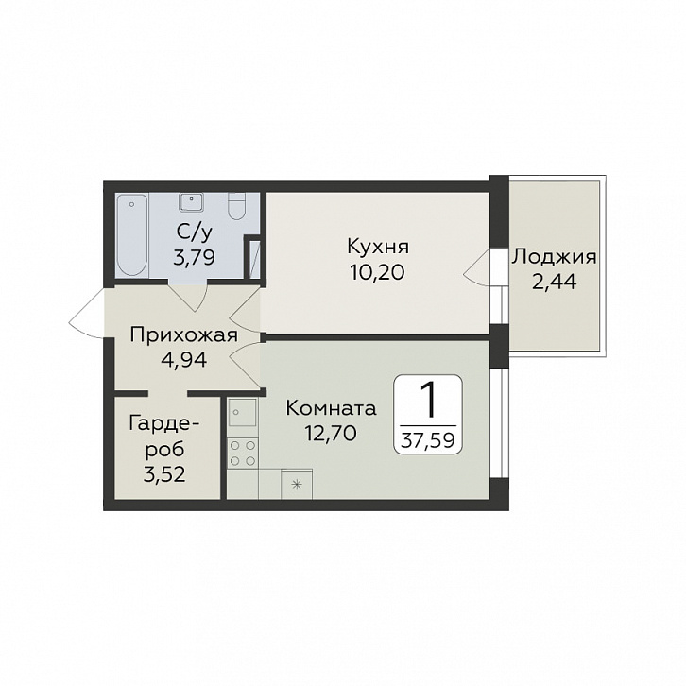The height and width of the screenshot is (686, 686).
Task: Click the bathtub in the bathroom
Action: [132, 235]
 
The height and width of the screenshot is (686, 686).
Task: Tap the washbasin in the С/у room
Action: [192, 201]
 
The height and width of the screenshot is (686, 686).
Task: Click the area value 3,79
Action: [194, 258]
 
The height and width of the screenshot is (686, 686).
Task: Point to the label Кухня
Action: [378, 247]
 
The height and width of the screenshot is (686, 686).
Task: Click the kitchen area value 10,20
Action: [378, 273]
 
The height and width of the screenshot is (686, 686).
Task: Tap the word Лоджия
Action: [554, 257]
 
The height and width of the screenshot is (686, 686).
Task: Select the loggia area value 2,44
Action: [554, 283]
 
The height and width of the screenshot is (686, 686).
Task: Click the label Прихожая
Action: [183, 336]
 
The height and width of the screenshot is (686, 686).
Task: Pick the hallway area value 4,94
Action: [183, 361]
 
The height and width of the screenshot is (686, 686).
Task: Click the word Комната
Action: [331, 408]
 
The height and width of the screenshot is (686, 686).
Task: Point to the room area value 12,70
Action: [331, 434]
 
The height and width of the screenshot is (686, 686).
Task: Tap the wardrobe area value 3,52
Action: [164, 473]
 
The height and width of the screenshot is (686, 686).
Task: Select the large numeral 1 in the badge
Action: [429, 400]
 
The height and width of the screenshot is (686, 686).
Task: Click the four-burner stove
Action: [243, 454]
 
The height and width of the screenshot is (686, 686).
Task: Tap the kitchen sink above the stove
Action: [243, 412]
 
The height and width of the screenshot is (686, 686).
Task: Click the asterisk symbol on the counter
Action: [297, 485]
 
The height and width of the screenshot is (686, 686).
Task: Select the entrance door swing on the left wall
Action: [87, 314]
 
